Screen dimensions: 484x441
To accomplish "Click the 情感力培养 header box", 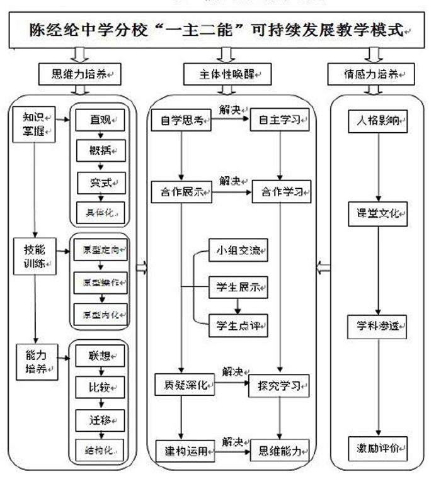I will (x=372, y=74).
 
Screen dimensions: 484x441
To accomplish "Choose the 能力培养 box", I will (x=37, y=361).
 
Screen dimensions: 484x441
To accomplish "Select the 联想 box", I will (x=100, y=356).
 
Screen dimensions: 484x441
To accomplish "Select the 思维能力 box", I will (x=280, y=451).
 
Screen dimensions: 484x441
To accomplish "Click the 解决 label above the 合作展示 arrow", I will (x=231, y=181).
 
